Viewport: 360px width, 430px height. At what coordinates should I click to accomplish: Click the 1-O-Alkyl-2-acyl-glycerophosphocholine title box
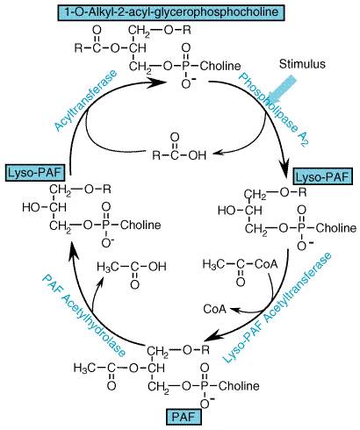pyautogui.click(x=171, y=12)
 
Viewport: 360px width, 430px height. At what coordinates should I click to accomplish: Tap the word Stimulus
pyautogui.click(x=302, y=64)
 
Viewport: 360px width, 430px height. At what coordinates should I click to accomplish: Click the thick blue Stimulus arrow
pyautogui.click(x=282, y=89)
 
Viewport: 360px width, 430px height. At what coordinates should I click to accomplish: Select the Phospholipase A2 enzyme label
pyautogui.click(x=274, y=109)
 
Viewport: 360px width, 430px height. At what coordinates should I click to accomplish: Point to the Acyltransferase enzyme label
pyautogui.click(x=86, y=100)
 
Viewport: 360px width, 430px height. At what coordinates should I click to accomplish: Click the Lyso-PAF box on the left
pyautogui.click(x=35, y=173)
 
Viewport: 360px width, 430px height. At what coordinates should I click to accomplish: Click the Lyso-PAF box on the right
pyautogui.click(x=326, y=177)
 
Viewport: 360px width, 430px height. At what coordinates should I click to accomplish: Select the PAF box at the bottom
pyautogui.click(x=184, y=417)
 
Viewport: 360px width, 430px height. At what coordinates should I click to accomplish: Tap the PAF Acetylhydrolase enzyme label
pyautogui.click(x=83, y=315)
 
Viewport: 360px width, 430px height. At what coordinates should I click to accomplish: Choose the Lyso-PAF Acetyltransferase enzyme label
pyautogui.click(x=277, y=307)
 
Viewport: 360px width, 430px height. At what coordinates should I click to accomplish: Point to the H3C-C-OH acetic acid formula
pyautogui.click(x=132, y=271)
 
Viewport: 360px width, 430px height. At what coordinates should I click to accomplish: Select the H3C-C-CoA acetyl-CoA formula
pyautogui.click(x=240, y=269)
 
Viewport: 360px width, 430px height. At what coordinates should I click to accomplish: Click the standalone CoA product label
pyautogui.click(x=215, y=309)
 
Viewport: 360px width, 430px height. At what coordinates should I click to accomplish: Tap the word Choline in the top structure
pyautogui.click(x=220, y=66)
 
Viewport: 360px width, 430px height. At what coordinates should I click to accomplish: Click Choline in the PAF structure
pyautogui.click(x=239, y=386)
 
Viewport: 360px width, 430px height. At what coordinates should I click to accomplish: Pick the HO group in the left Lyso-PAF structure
pyautogui.click(x=31, y=207)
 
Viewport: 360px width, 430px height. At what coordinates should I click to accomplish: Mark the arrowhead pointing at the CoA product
pyautogui.click(x=234, y=309)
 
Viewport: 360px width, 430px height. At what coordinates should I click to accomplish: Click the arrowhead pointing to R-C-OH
pyautogui.click(x=218, y=153)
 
